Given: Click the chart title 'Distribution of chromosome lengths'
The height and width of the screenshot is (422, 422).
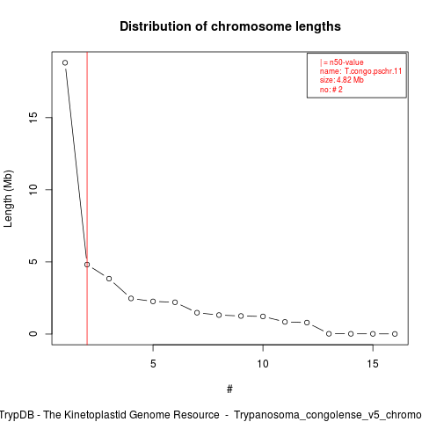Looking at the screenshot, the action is click(230, 26).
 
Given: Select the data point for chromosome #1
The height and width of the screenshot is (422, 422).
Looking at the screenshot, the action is click(65, 62).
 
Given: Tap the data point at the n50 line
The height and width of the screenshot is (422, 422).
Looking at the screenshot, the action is click(87, 265).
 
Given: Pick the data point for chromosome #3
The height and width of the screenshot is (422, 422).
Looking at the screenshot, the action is click(109, 279).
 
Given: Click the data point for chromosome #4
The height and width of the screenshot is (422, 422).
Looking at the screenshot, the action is click(131, 298).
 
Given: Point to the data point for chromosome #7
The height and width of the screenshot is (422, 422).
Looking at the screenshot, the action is click(197, 313).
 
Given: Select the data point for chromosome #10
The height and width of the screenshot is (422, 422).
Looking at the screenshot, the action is click(263, 316).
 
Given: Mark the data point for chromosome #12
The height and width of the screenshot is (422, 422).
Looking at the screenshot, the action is click(307, 323).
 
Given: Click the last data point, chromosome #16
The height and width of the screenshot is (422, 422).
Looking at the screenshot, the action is click(395, 334).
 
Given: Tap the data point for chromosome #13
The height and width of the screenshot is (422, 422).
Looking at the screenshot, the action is click(329, 334).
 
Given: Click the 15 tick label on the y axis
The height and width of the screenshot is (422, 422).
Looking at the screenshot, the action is click(33, 118).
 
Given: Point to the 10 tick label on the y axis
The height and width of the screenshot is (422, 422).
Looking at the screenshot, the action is click(33, 190).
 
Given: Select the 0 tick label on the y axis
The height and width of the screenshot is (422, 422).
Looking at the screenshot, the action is click(33, 334).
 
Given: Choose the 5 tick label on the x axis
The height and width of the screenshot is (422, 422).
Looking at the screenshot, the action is click(153, 364).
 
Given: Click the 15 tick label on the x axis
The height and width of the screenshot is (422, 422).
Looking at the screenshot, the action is click(373, 364).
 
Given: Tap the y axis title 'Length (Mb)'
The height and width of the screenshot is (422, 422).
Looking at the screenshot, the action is click(8, 199).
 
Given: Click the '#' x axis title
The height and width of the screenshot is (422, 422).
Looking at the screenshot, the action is click(229, 389).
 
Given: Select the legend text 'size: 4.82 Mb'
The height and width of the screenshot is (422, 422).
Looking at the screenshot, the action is click(342, 80).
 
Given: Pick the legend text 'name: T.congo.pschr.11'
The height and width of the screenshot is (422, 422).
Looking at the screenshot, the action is click(360, 71).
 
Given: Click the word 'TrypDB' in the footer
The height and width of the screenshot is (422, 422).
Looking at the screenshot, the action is click(19, 415).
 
